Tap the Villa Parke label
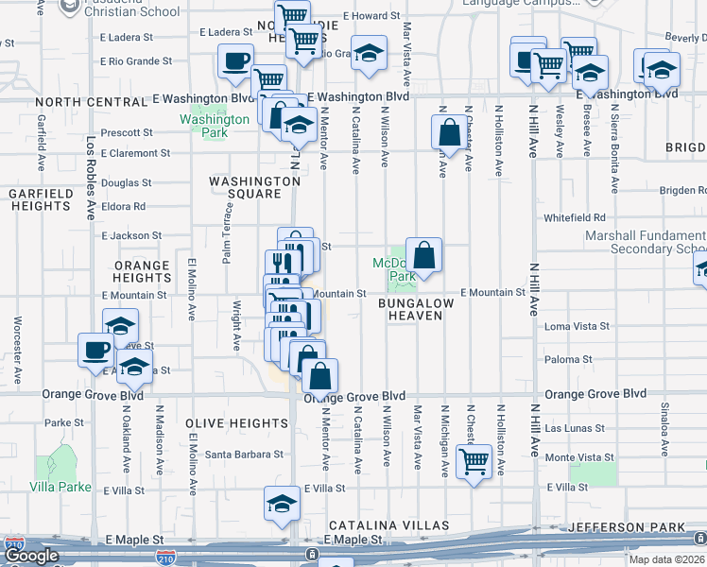[x=60, y=488]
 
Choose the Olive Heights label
[x=229, y=422]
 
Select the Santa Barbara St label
[x=245, y=455]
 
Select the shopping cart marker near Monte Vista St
[x=474, y=463]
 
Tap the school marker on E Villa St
[x=282, y=505]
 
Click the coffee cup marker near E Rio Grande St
[x=235, y=62]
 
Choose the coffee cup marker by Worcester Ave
[x=95, y=350]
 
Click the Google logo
[x=32, y=556]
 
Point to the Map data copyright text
[x=666, y=559]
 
